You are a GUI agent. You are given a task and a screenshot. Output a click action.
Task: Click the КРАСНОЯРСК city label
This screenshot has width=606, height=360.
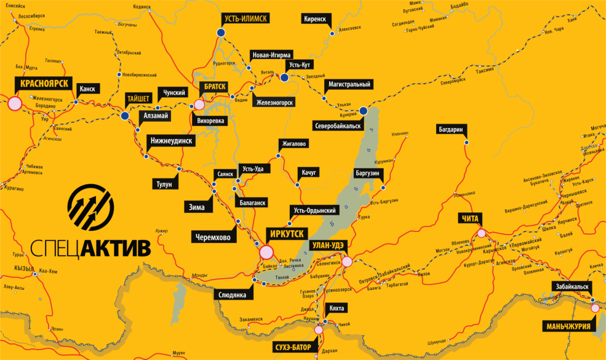(44, 83)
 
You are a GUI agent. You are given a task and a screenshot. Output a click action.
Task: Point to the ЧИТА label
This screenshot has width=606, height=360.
(468, 218)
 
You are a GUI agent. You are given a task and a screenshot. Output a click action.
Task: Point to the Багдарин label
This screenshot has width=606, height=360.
(452, 129)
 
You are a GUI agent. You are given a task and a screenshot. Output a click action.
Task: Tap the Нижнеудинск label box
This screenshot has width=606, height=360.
(171, 141)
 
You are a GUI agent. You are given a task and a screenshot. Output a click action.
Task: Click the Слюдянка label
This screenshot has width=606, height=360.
(233, 295)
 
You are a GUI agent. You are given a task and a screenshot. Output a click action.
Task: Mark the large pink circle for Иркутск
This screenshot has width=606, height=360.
(266, 252)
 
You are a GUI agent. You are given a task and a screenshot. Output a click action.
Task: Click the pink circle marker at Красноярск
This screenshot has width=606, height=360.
(14, 103)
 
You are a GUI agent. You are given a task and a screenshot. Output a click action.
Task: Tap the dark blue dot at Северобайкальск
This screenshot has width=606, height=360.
(363, 111)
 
